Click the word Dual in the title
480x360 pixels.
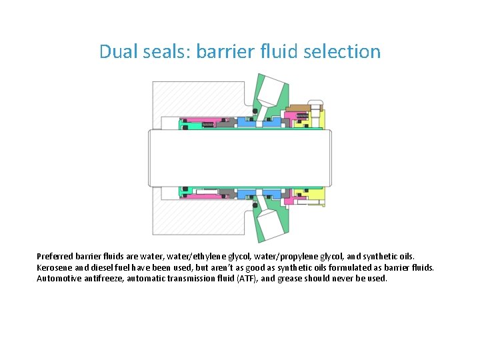[117, 51]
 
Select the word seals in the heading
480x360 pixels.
[165, 51]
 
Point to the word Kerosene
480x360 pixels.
[55, 267]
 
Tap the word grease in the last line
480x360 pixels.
[295, 279]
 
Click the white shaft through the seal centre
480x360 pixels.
[240, 158]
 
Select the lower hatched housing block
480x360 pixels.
[200, 220]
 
